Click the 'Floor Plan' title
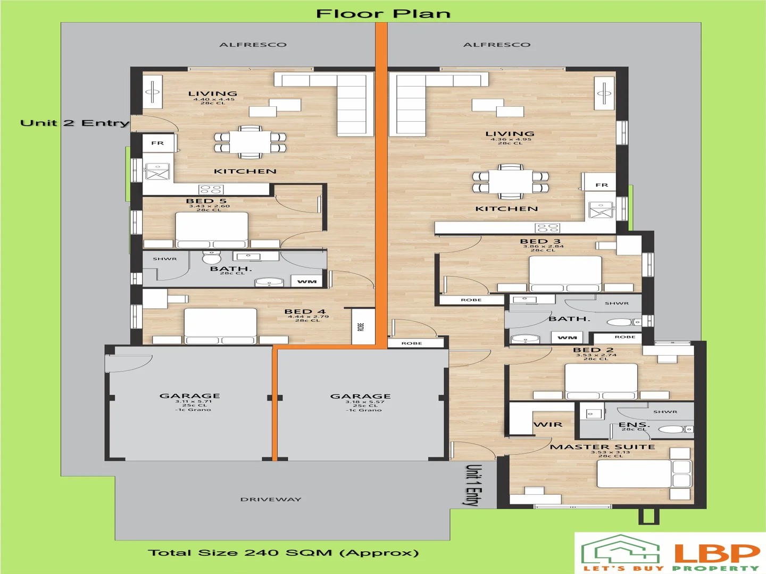coord(383,14)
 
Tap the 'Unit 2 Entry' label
coord(74,123)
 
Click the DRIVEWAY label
coord(271,500)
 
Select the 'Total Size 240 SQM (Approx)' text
coord(283,553)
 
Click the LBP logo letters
coord(717,553)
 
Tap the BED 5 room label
coord(206,201)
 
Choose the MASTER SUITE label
coord(602,447)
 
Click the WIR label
coord(548,425)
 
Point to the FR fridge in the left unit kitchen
coord(157,143)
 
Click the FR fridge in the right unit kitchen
coord(602,185)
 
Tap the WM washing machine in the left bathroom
coord(307,282)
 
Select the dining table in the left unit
coord(250,142)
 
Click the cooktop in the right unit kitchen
coord(548,228)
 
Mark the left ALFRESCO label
coord(253,45)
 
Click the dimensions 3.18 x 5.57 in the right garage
coord(364,402)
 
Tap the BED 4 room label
coord(305,312)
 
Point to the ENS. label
coord(634,425)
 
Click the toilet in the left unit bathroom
coord(212,258)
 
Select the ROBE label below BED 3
coord(471,300)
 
